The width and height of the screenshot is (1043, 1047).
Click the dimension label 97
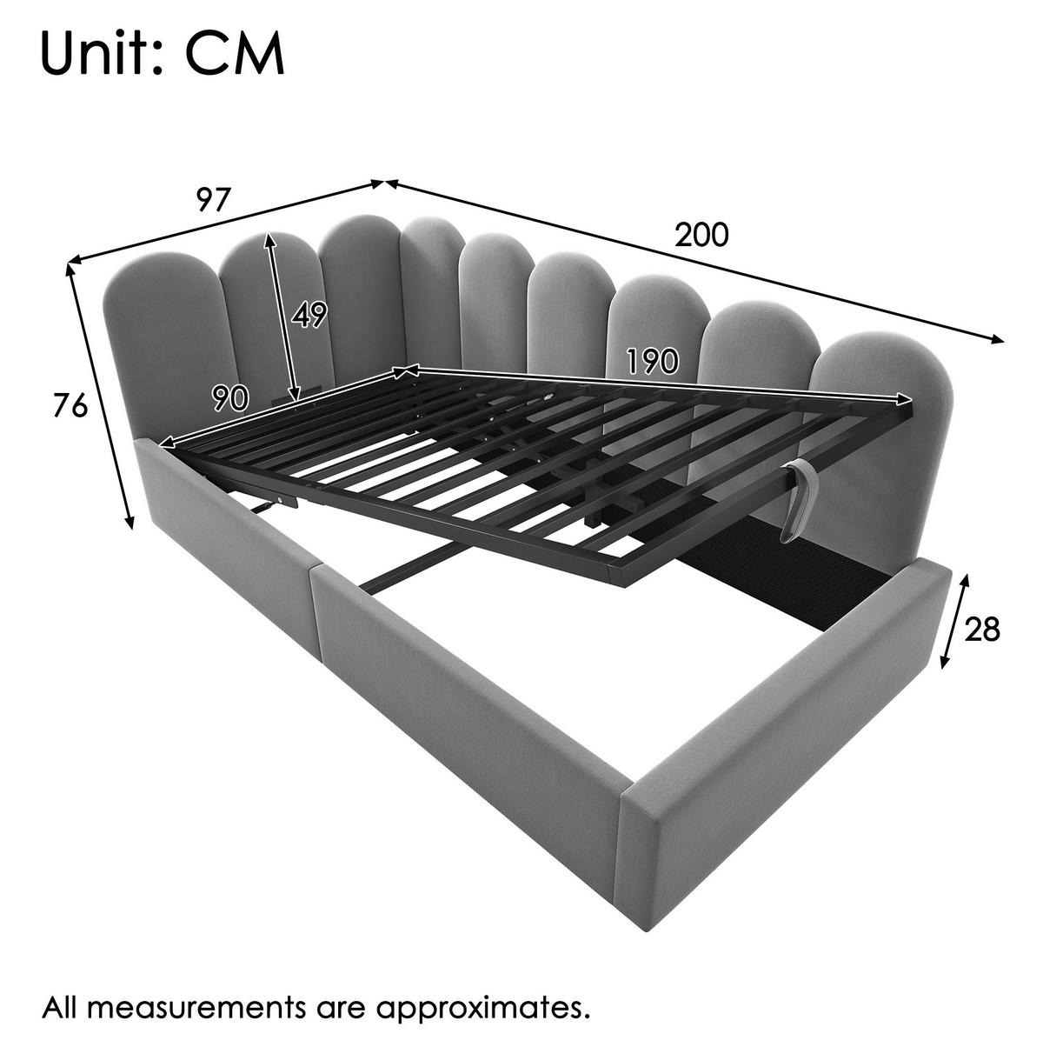click(x=214, y=199)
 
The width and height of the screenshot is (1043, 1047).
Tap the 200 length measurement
click(x=701, y=236)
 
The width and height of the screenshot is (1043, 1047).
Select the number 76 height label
click(x=70, y=406)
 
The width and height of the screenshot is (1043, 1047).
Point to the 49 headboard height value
click(x=309, y=315)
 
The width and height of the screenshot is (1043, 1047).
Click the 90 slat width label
click(x=230, y=398)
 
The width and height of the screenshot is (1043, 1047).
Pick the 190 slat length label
click(x=652, y=361)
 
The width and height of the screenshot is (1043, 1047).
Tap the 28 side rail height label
click(x=982, y=630)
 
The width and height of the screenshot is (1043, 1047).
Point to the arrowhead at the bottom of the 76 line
click(x=129, y=523)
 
